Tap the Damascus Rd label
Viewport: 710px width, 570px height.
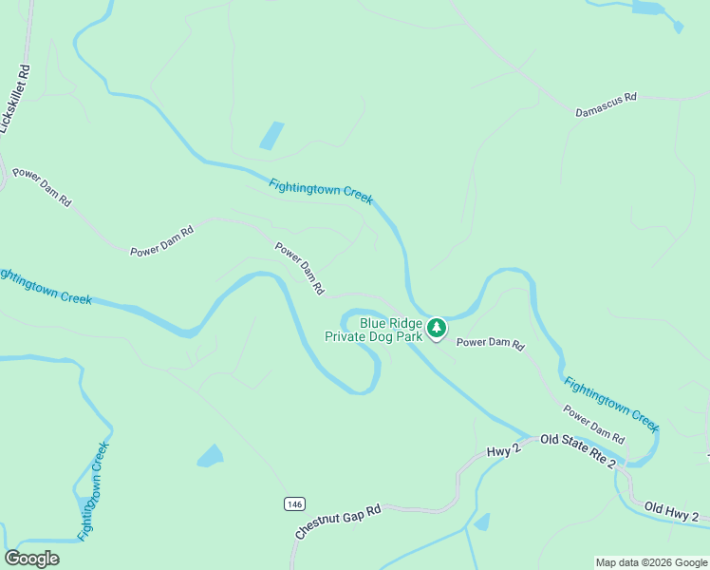pyautogui.click(x=606, y=104)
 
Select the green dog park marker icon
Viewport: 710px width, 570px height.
pyautogui.click(x=437, y=329)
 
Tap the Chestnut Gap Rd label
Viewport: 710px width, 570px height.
pyautogui.click(x=338, y=522)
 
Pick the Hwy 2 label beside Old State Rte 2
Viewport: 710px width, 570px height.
pyautogui.click(x=503, y=451)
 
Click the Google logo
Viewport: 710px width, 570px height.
pyautogui.click(x=31, y=559)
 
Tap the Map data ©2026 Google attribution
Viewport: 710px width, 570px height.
pyautogui.click(x=651, y=562)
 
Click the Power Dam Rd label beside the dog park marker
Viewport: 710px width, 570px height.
pyautogui.click(x=490, y=344)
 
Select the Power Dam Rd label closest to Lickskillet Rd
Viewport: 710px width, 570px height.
pyautogui.click(x=41, y=187)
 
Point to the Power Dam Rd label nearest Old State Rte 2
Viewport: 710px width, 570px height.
pyautogui.click(x=594, y=425)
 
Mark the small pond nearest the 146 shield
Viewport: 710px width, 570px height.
pyautogui.click(x=210, y=456)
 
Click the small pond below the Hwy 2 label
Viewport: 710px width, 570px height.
pyautogui.click(x=482, y=522)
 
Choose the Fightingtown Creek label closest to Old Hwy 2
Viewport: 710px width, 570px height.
pyautogui.click(x=610, y=402)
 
